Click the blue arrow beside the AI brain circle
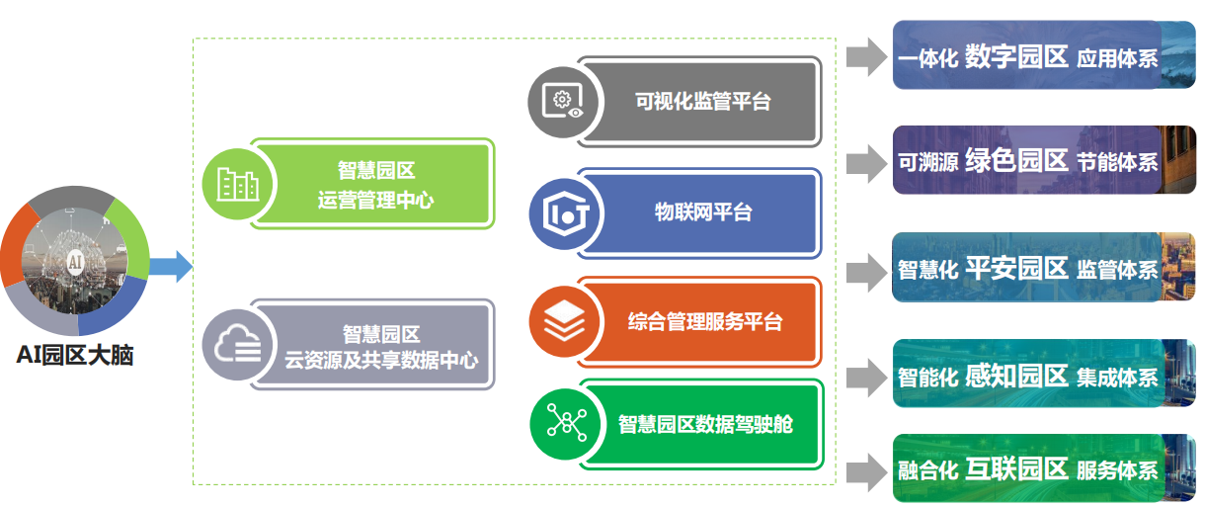(171, 267)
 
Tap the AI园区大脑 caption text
(75, 355)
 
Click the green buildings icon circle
(238, 184)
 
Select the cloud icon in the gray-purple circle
(238, 345)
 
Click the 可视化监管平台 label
(703, 101)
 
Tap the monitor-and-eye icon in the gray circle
(563, 101)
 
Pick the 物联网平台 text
(703, 212)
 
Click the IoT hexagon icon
(565, 213)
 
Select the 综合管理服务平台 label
(704, 322)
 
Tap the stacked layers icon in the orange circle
(564, 321)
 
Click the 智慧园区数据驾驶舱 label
(705, 424)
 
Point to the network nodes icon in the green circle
(567, 422)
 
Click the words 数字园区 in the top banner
(1016, 56)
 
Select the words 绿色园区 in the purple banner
(1016, 160)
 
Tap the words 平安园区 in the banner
(1016, 268)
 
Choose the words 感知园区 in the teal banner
(1016, 376)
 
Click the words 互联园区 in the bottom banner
(1016, 469)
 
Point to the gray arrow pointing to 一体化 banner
(866, 56)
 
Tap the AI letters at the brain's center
(75, 262)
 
